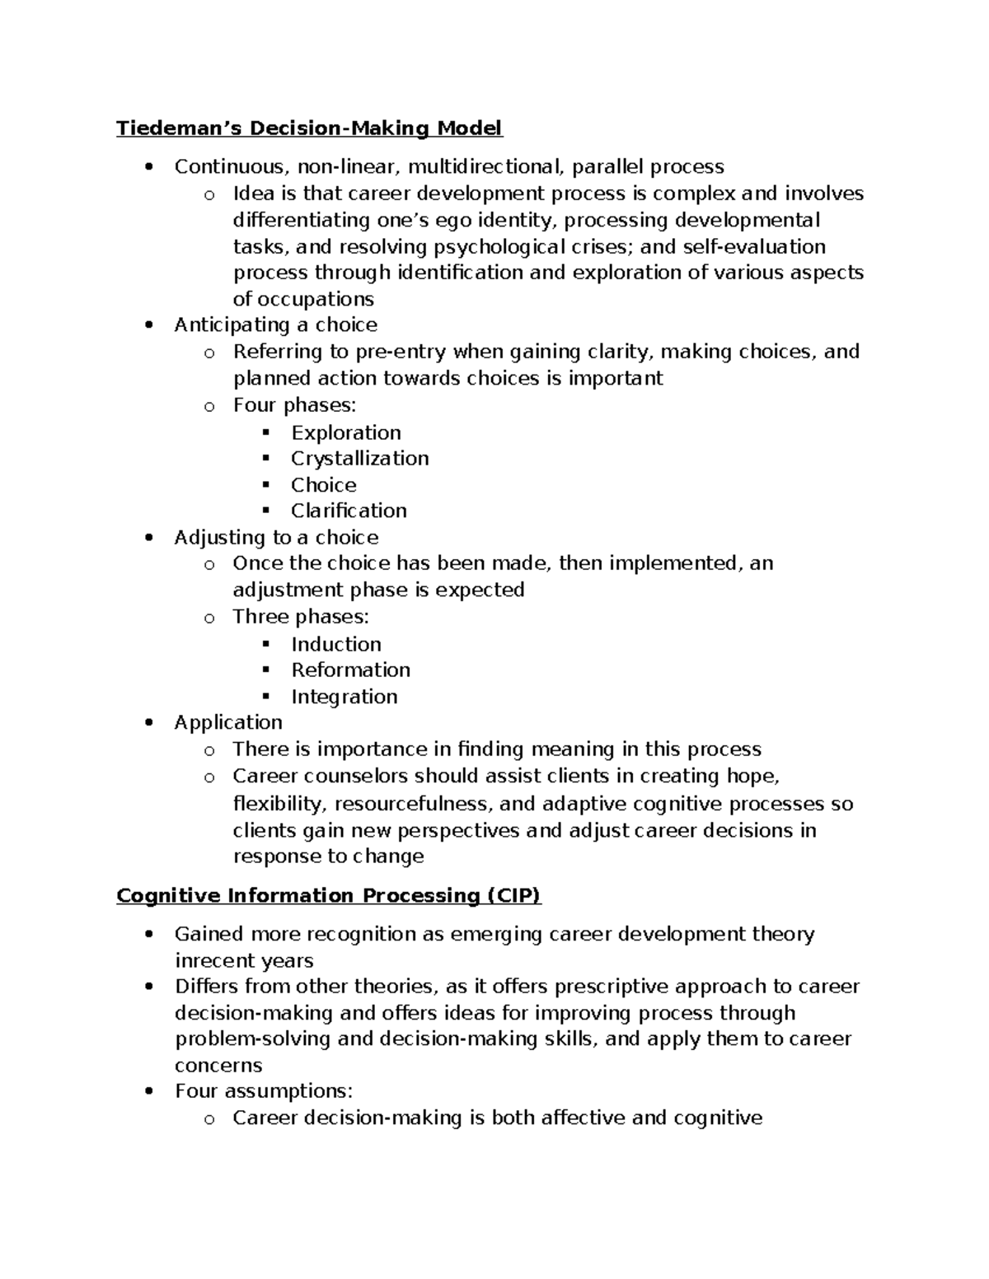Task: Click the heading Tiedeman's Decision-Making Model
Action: pyautogui.click(x=309, y=128)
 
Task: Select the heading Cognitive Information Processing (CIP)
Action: pyautogui.click(x=328, y=895)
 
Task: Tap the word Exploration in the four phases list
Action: pyautogui.click(x=345, y=432)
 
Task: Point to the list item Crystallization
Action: pyautogui.click(x=359, y=458)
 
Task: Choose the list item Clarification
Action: pyautogui.click(x=349, y=511)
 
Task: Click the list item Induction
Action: pyautogui.click(x=335, y=644)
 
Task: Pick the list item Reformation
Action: pyautogui.click(x=350, y=670)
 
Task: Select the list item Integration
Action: pyautogui.click(x=344, y=697)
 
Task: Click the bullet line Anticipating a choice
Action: pyautogui.click(x=275, y=324)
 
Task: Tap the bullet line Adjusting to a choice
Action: pyautogui.click(x=276, y=537)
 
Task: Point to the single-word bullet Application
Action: pyautogui.click(x=227, y=722)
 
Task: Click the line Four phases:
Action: pyautogui.click(x=294, y=404)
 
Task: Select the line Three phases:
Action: pyautogui.click(x=300, y=616)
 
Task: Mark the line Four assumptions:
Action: pyautogui.click(x=263, y=1091)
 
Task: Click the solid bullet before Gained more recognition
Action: pyautogui.click(x=148, y=934)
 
